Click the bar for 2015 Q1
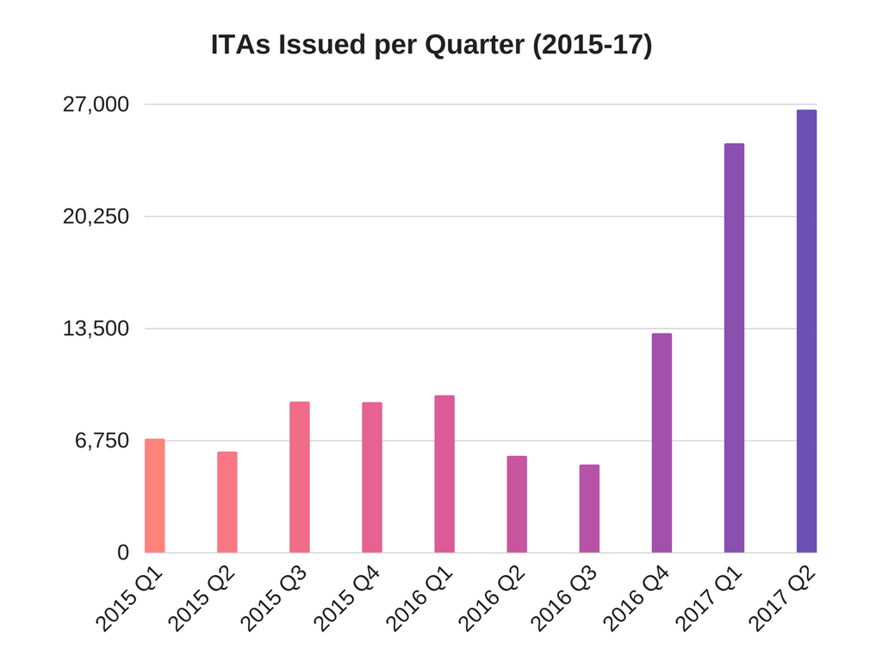155,496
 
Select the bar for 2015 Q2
227,502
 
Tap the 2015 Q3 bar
300,477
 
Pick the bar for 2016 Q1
444,474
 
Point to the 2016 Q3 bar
589,509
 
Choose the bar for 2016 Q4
661,443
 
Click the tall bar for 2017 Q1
734,347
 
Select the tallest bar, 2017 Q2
806,331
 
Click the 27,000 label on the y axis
96,104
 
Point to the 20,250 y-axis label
96,216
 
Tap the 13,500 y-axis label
96,328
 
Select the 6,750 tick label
102,440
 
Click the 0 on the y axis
123,553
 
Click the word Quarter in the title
474,46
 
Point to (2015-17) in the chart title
593,46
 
